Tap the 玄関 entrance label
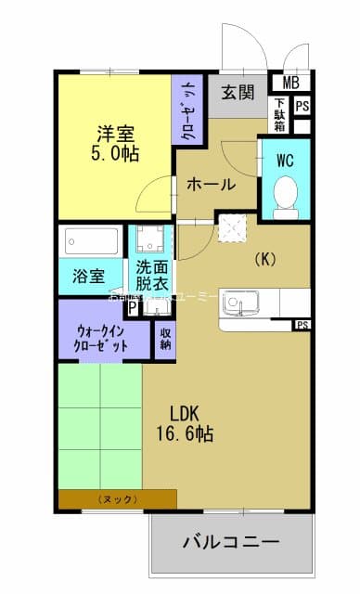[238, 92]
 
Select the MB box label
[290, 83]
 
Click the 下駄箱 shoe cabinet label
[279, 114]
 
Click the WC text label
[285, 160]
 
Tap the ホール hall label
[212, 185]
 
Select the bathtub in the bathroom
[91, 243]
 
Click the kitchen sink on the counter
[244, 303]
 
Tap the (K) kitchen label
[264, 260]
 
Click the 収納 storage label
[165, 338]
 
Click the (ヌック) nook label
[117, 499]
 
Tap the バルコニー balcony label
[231, 540]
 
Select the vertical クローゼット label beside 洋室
[188, 110]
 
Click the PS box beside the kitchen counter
[302, 325]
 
